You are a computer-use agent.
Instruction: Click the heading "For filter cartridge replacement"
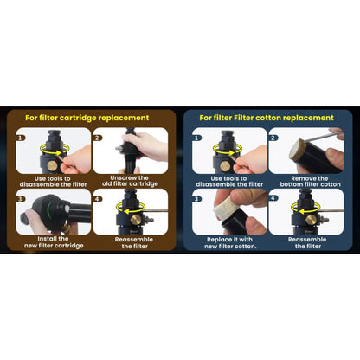87,118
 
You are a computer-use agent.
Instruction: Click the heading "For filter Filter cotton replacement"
267,118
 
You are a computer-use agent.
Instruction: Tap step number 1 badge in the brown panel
20,138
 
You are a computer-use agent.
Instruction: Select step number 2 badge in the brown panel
97,138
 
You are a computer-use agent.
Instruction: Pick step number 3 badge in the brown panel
20,199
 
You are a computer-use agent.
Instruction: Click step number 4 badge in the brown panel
97,199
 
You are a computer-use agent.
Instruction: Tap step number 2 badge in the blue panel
273,138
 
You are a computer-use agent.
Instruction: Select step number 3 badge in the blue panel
196,199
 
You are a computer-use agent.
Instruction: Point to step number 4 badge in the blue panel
273,198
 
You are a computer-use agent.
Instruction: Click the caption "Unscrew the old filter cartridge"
130,181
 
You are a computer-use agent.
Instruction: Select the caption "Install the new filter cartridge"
54,242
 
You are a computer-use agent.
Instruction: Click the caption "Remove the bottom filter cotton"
310,182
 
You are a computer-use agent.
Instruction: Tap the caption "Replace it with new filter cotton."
230,243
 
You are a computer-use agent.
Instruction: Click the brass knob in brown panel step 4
136,220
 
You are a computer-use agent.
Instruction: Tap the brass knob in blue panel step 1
225,166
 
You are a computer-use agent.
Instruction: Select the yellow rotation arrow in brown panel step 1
55,152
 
